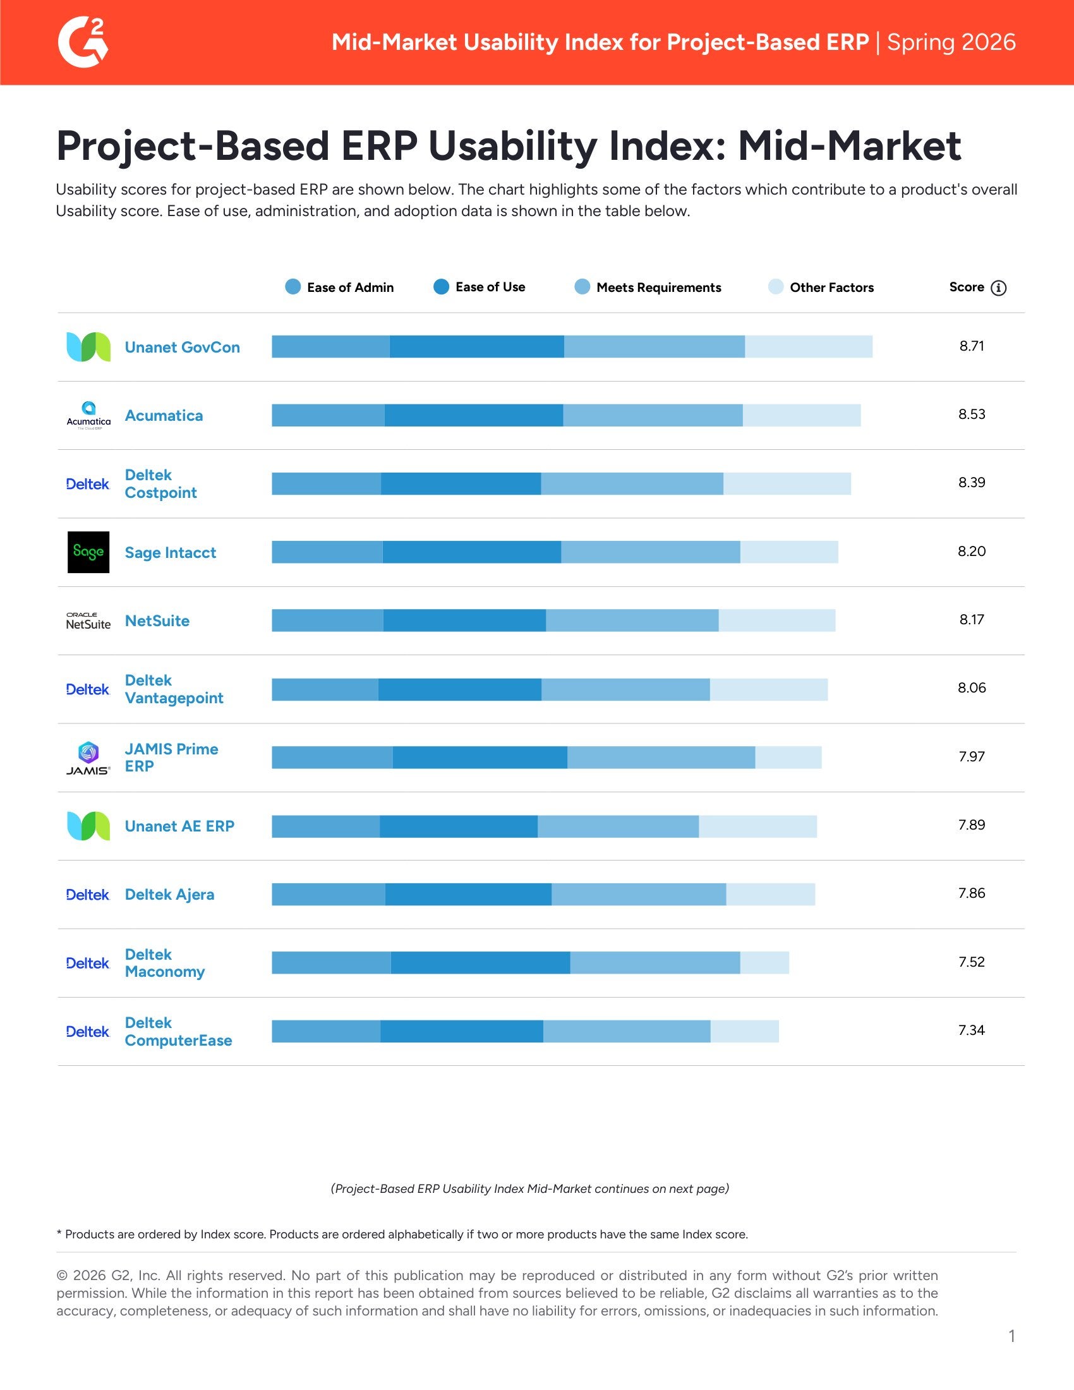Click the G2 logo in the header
pyautogui.click(x=83, y=42)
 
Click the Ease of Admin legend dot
pyautogui.click(x=293, y=287)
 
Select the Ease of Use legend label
pyautogui.click(x=490, y=287)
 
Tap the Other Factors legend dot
pyautogui.click(x=776, y=287)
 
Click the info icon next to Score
pyautogui.click(x=999, y=287)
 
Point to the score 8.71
pyautogui.click(x=972, y=346)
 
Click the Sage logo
pyautogui.click(x=88, y=552)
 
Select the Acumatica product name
pyautogui.click(x=164, y=416)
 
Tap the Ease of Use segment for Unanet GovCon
pyautogui.click(x=476, y=347)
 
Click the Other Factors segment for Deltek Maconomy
pyautogui.click(x=764, y=963)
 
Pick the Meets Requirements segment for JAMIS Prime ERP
pyautogui.click(x=661, y=758)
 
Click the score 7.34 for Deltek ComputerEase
pyautogui.click(x=972, y=1030)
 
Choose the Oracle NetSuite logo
pyautogui.click(x=88, y=621)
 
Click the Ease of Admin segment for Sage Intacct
pyautogui.click(x=327, y=552)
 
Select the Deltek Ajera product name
pyautogui.click(x=169, y=895)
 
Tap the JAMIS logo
pyautogui.click(x=88, y=758)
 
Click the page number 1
pyautogui.click(x=1011, y=1336)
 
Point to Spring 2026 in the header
pyautogui.click(x=951, y=42)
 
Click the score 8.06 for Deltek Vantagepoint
pyautogui.click(x=972, y=688)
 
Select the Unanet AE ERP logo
pyautogui.click(x=88, y=826)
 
